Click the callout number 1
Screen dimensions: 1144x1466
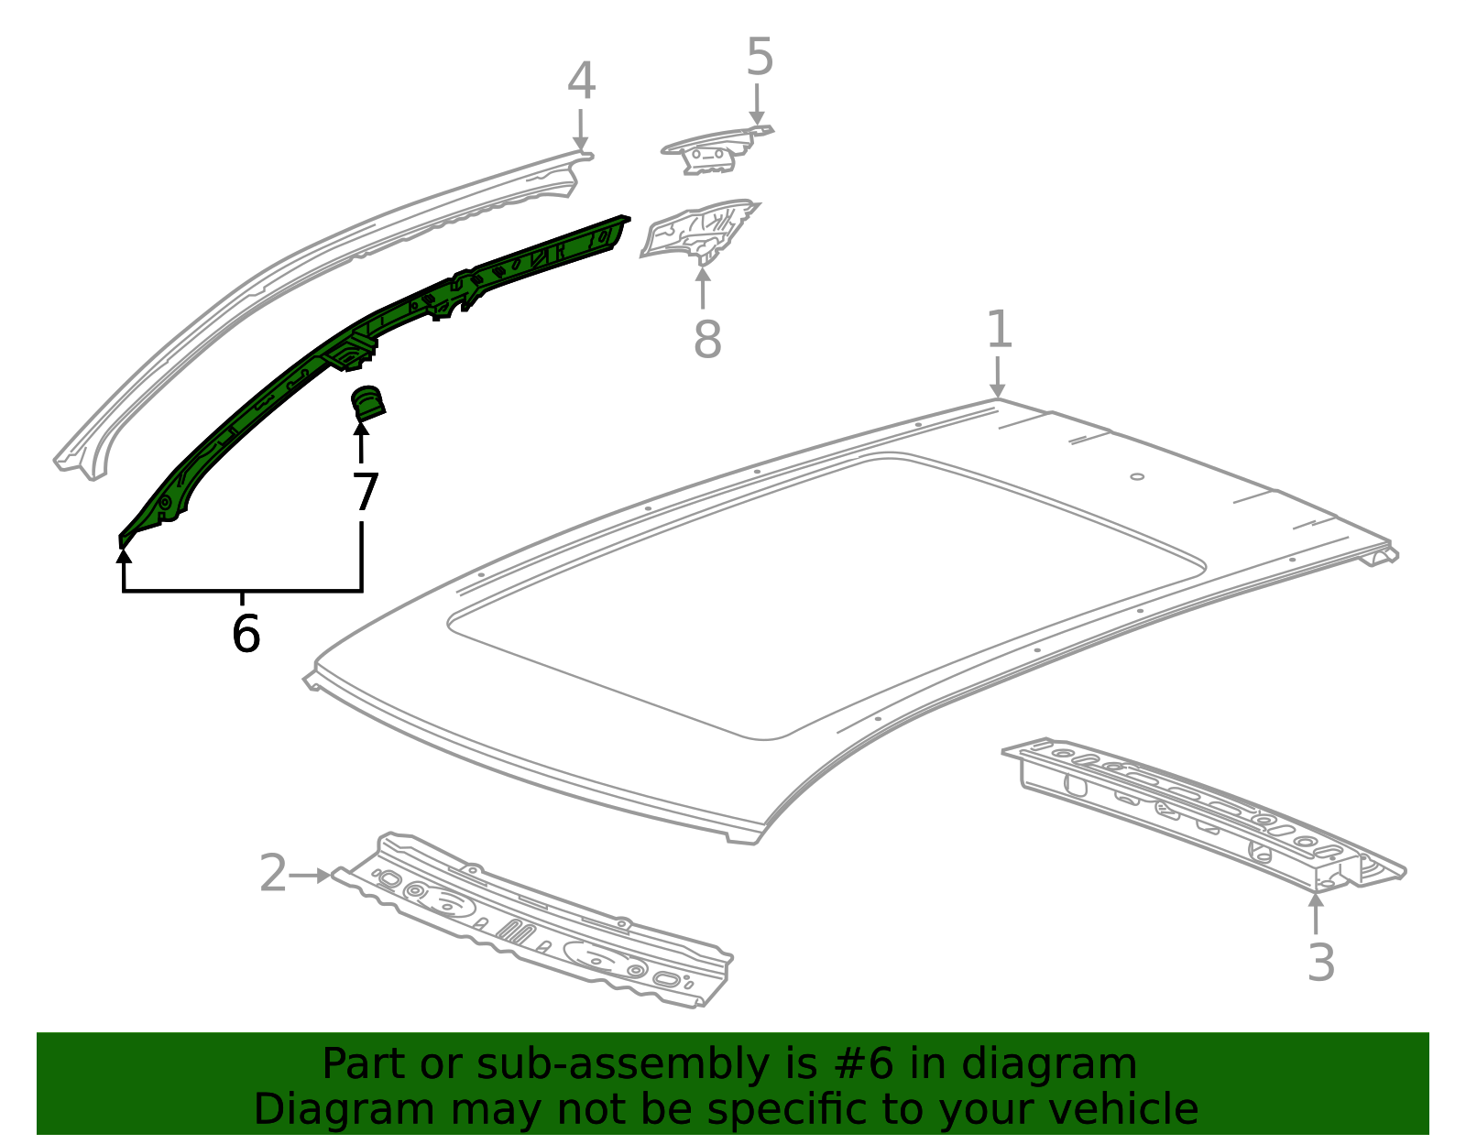tap(999, 330)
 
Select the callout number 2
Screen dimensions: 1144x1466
tap(273, 874)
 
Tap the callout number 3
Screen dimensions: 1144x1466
tap(1320, 963)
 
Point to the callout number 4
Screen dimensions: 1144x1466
tap(581, 82)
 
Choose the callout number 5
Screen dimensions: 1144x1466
tap(760, 58)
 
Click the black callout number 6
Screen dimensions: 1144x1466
tap(246, 634)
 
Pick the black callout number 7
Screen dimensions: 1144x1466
tap(365, 493)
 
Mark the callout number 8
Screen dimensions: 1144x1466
tap(706, 340)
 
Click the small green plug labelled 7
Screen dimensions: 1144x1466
tap(367, 404)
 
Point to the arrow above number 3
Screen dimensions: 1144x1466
tap(1316, 912)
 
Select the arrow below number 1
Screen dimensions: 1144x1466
tap(998, 377)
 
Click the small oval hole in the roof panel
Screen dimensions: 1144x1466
tap(1137, 476)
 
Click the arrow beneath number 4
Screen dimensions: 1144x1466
tap(580, 128)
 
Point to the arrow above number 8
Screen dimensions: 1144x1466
tap(703, 284)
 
